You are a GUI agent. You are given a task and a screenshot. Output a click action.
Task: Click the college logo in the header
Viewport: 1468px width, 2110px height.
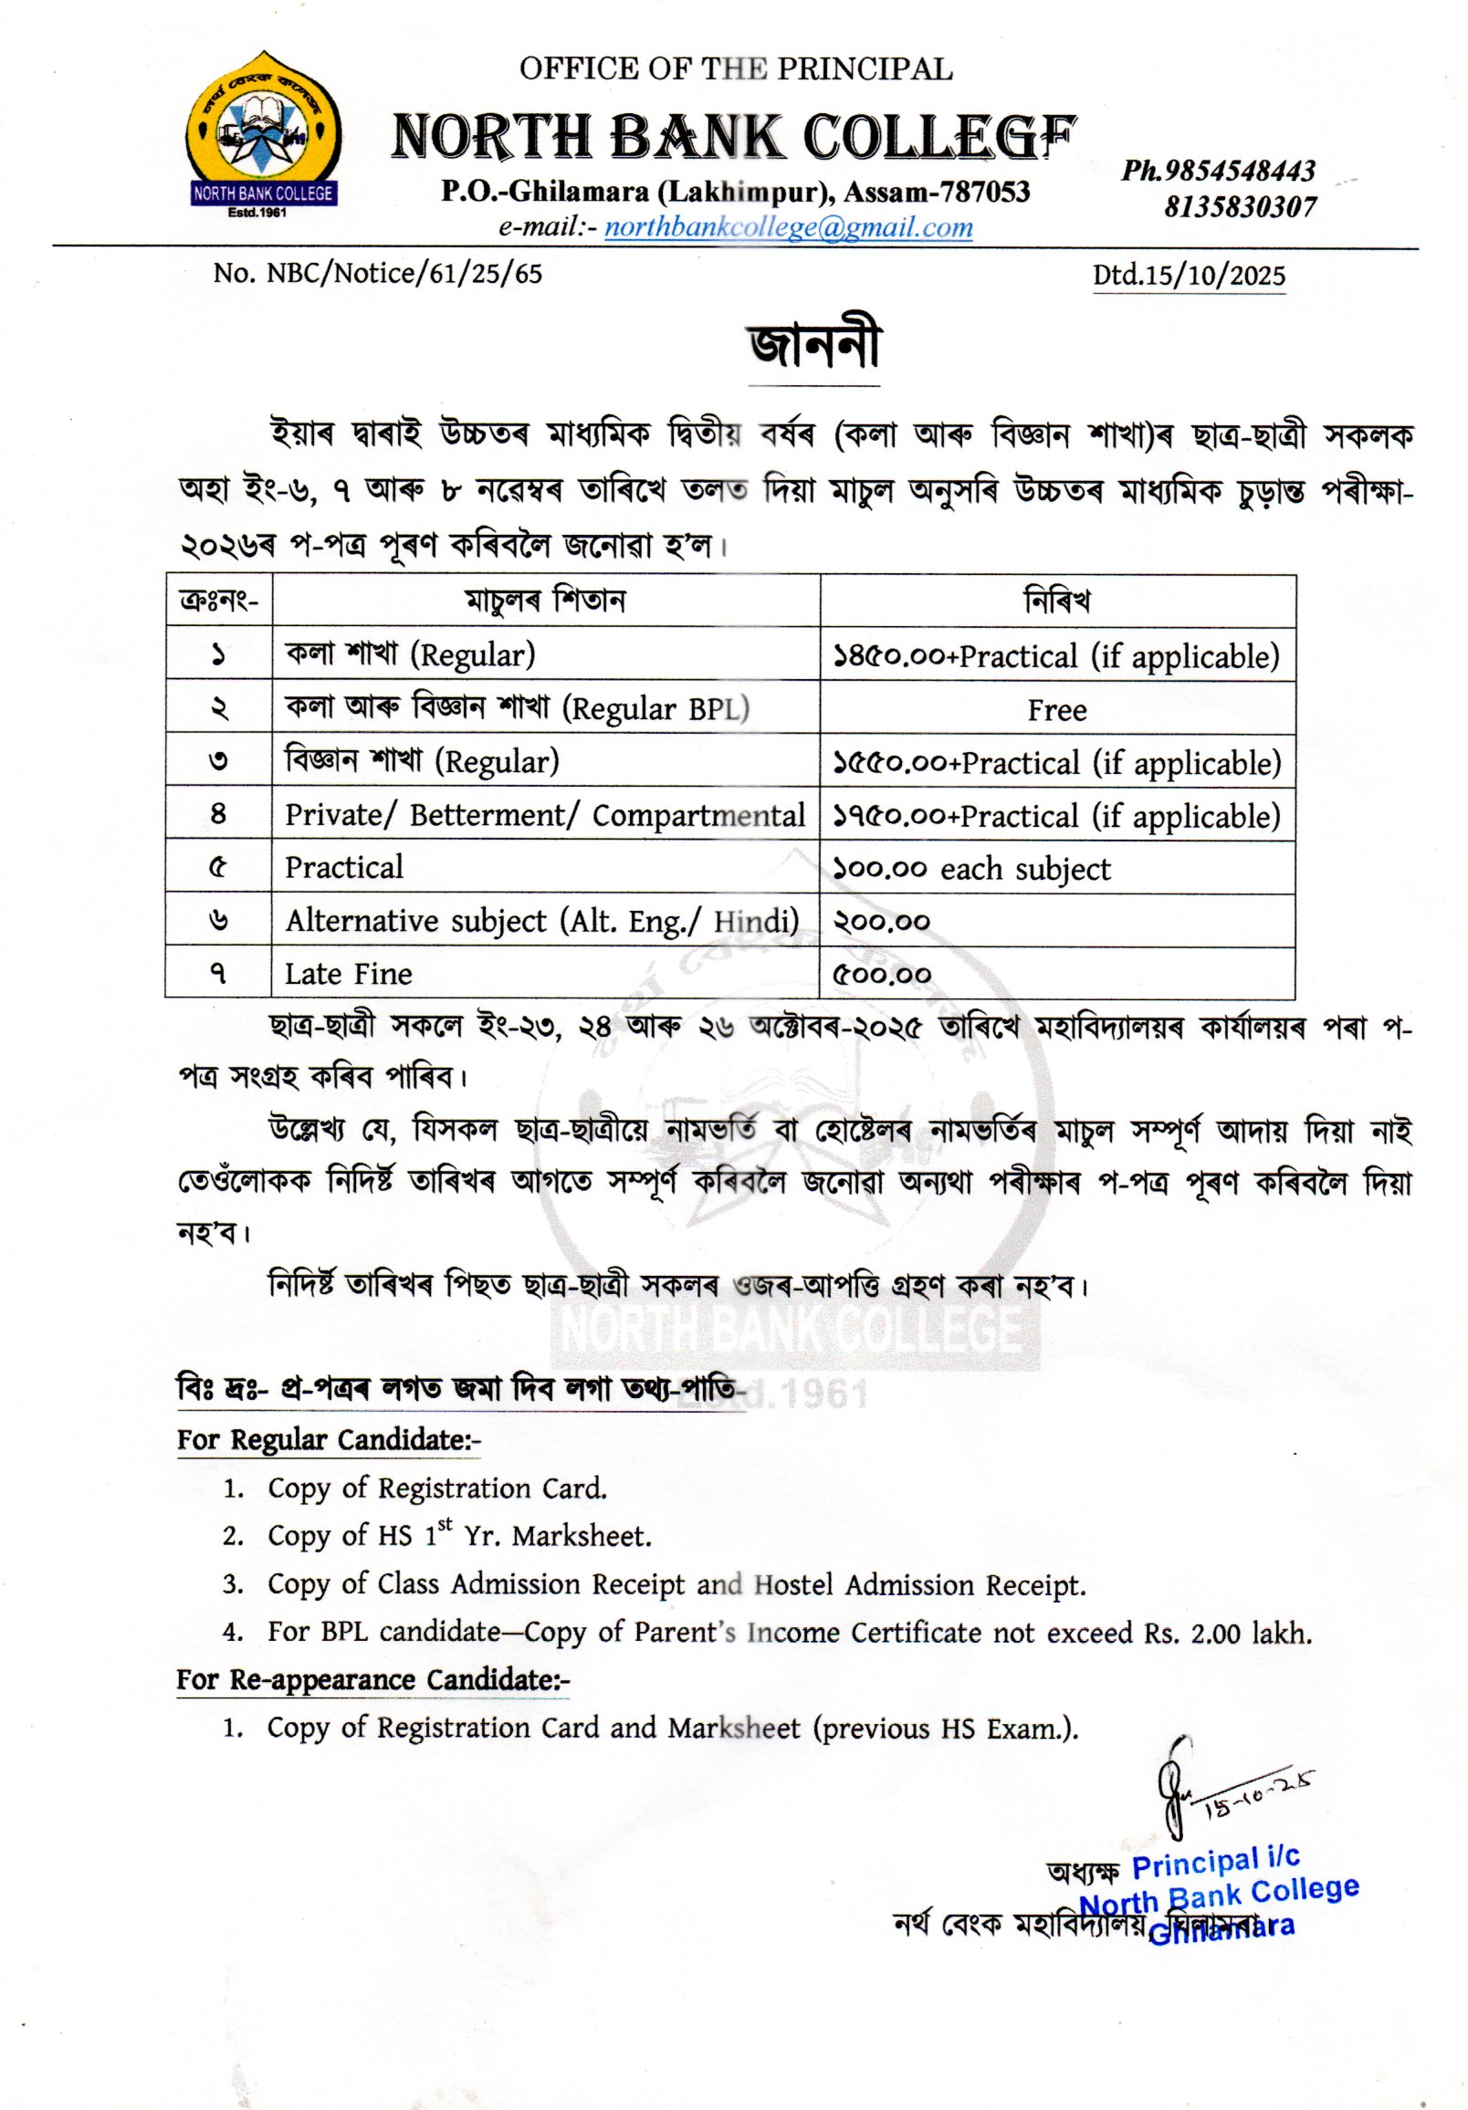point(260,134)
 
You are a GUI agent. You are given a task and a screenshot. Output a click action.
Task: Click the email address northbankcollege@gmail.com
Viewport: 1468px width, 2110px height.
point(788,228)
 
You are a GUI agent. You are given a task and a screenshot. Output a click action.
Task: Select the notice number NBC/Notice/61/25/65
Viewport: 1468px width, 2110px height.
point(378,274)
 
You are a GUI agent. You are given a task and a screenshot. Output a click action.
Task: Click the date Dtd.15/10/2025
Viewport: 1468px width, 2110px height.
point(1189,276)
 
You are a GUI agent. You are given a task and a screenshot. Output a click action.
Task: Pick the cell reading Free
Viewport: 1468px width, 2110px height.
point(1056,709)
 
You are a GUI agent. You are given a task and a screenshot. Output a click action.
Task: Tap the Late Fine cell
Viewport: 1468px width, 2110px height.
point(349,973)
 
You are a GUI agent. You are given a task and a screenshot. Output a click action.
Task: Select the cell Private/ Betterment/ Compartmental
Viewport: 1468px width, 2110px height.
point(544,815)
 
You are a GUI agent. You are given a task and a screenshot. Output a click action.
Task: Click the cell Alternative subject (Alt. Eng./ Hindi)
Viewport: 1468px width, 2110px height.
point(541,921)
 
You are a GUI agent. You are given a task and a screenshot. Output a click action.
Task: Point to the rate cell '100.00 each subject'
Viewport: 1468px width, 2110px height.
point(971,869)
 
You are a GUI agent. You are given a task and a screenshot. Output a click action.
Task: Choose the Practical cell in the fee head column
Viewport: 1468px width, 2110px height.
point(344,868)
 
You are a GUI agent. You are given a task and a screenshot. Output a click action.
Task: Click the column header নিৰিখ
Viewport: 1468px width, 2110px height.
point(1056,602)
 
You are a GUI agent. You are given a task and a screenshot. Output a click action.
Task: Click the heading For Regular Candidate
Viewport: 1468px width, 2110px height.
point(328,1439)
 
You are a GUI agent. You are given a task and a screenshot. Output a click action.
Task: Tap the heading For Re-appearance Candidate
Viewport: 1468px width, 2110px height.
point(372,1679)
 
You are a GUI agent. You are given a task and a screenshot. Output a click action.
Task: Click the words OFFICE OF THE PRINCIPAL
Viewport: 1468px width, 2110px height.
point(736,69)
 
